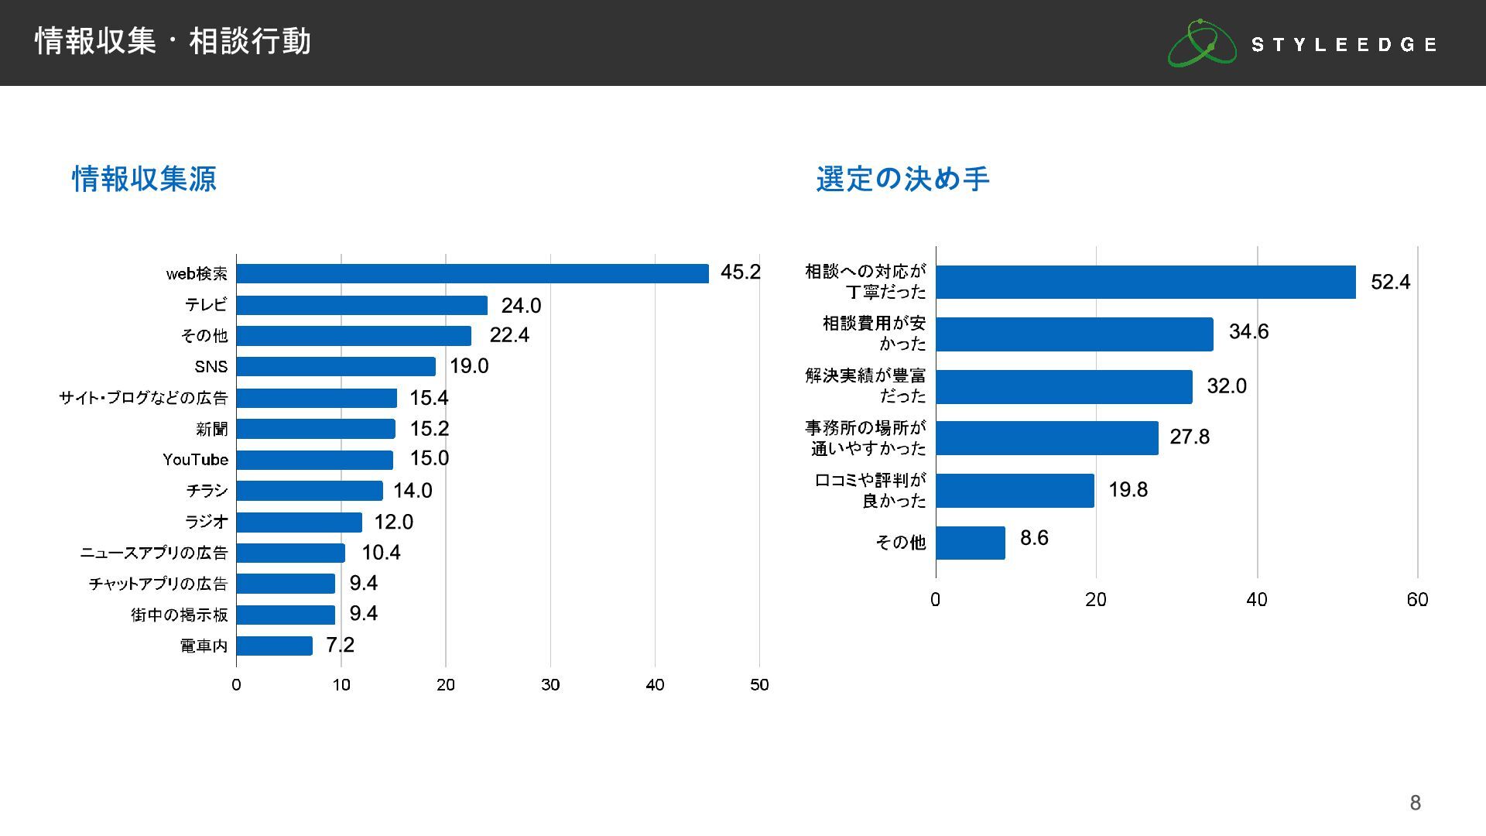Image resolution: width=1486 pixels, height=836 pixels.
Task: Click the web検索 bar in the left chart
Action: tap(472, 273)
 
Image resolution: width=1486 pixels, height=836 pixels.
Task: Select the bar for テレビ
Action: tap(361, 305)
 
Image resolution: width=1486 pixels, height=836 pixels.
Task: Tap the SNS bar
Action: tap(336, 366)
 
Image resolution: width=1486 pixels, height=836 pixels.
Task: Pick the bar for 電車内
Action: tap(274, 646)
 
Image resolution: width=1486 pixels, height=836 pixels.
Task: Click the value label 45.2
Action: tap(740, 272)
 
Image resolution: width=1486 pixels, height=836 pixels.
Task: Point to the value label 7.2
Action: tap(340, 645)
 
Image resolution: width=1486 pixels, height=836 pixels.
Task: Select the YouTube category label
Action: tap(195, 460)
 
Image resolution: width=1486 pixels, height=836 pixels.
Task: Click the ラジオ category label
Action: tap(206, 522)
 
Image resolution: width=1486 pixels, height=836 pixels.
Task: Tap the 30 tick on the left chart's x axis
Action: tap(550, 684)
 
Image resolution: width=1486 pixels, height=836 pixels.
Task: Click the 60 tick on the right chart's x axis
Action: tap(1417, 599)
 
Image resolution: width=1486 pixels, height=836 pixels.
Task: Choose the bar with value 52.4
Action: tap(1145, 282)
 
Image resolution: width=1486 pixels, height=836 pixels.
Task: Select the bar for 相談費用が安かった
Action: tap(1074, 334)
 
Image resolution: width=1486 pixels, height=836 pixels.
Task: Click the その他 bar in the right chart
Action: tap(971, 543)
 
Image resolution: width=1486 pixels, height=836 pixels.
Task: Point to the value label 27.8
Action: tap(1189, 437)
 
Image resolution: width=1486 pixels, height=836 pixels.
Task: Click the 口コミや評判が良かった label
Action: tap(870, 490)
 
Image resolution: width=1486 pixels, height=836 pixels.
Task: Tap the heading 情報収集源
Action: tap(145, 179)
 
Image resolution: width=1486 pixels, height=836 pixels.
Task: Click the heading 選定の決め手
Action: tap(902, 179)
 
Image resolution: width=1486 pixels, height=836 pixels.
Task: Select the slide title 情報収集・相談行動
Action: tap(173, 41)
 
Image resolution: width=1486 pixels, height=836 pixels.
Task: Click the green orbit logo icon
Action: tap(1201, 43)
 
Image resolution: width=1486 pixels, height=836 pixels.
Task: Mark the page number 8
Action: tap(1415, 803)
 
